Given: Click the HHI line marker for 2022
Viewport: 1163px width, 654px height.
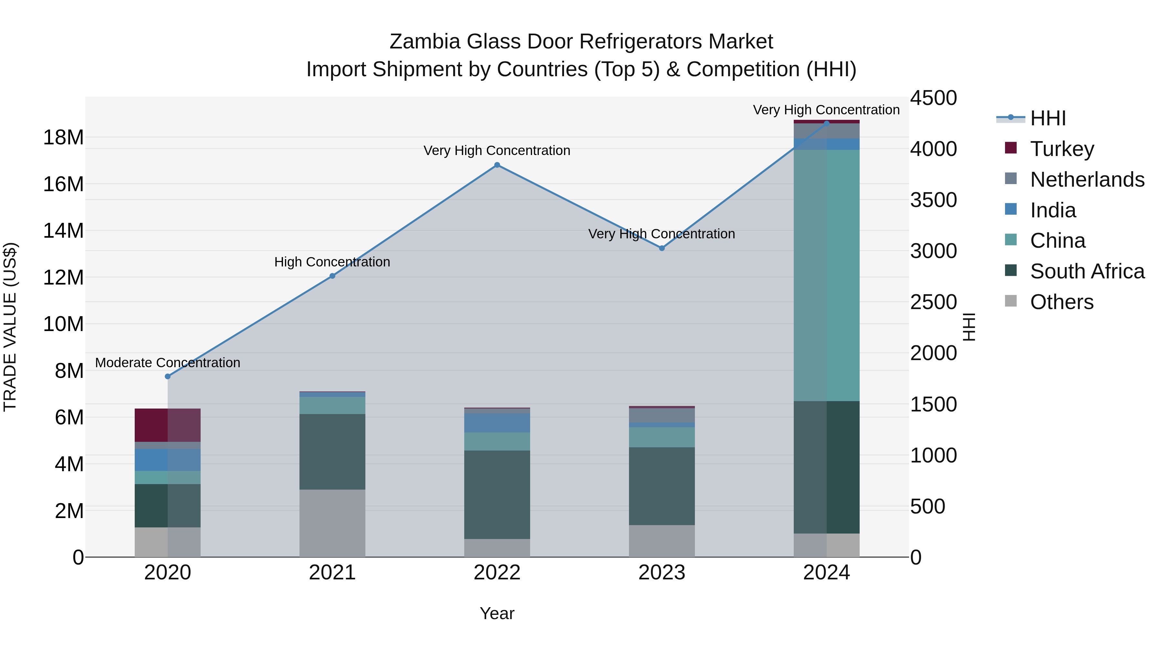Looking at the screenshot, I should (497, 165).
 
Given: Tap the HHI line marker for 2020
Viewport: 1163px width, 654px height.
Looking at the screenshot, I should (167, 377).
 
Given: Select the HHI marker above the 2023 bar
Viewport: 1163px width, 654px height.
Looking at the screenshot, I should (662, 248).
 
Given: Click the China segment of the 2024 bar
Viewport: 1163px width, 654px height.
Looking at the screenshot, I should (827, 275).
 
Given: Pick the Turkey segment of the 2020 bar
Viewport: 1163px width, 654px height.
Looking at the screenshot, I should (167, 425).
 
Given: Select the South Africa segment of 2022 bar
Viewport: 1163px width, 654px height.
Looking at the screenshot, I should (497, 495).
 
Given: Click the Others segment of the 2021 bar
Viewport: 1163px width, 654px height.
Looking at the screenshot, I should (332, 523).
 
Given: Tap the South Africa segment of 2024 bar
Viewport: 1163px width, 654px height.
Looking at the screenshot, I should (827, 467).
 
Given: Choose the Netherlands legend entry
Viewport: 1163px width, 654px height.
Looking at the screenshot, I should (1087, 180).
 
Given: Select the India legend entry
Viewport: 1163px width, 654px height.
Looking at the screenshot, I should (1053, 210).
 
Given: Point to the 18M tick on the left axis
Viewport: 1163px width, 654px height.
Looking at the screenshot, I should (63, 137).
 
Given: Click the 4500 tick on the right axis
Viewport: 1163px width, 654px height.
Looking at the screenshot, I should (933, 98).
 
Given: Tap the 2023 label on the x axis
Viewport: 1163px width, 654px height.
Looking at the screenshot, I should (662, 573).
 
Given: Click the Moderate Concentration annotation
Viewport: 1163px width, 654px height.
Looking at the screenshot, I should (167, 363).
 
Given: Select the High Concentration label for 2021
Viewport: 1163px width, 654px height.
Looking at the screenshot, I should (332, 262).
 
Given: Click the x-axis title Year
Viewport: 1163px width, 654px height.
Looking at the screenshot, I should (497, 613).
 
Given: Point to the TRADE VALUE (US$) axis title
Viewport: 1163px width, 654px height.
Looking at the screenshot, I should (10, 327).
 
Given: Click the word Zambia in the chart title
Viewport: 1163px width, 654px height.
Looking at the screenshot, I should (425, 42).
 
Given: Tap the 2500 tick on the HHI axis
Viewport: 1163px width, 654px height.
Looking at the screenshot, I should (933, 302).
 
